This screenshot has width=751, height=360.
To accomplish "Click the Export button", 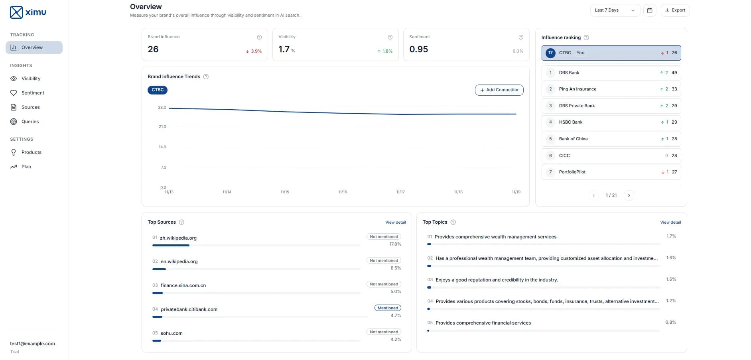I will pyautogui.click(x=675, y=10).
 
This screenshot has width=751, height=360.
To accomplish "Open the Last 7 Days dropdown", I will pyautogui.click(x=615, y=10).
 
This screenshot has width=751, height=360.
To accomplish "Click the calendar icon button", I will pyautogui.click(x=650, y=10).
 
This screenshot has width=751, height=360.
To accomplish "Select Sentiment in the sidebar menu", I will pyautogui.click(x=33, y=93).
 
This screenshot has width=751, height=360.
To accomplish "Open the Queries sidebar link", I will pyautogui.click(x=30, y=122).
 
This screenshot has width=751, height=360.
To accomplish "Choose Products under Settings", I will pyautogui.click(x=31, y=152).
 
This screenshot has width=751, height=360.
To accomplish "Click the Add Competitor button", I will pyautogui.click(x=499, y=90).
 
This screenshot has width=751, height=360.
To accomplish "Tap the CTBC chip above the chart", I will pyautogui.click(x=158, y=90).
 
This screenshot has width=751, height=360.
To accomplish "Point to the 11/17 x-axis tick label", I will pyautogui.click(x=400, y=192).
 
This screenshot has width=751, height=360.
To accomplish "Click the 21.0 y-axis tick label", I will pyautogui.click(x=162, y=127).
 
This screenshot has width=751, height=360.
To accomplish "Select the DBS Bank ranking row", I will pyautogui.click(x=611, y=73).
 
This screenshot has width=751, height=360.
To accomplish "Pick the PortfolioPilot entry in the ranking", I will pyautogui.click(x=611, y=172).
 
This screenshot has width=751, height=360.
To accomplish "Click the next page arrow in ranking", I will pyautogui.click(x=629, y=195).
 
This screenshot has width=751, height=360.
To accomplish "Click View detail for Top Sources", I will pyautogui.click(x=395, y=222).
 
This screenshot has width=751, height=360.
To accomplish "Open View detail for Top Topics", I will pyautogui.click(x=670, y=222).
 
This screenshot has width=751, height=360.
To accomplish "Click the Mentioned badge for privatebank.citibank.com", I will pyautogui.click(x=388, y=308).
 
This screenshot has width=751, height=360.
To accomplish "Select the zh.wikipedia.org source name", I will pyautogui.click(x=178, y=238).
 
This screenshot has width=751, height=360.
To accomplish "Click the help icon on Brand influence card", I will pyautogui.click(x=259, y=37).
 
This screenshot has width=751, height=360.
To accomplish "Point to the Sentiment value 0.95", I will pyautogui.click(x=418, y=49).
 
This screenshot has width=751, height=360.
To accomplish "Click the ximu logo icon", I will pyautogui.click(x=16, y=12).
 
